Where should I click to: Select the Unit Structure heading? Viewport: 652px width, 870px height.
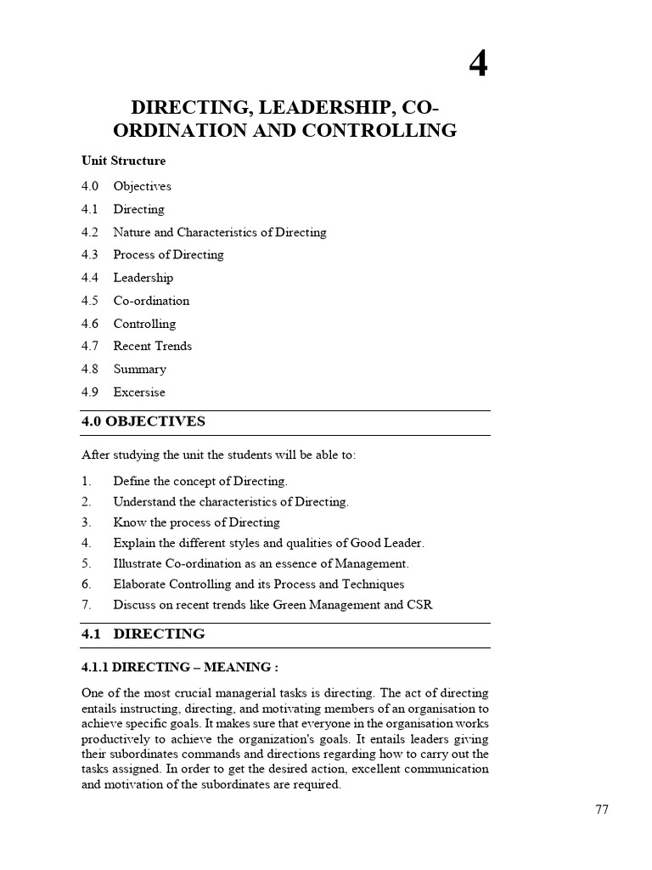(123, 161)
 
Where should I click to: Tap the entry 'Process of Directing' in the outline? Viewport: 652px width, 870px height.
(168, 255)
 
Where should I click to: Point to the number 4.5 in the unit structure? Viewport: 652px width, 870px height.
(90, 301)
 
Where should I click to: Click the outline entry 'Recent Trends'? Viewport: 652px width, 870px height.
(152, 347)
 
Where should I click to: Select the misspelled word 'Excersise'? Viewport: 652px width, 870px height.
(139, 393)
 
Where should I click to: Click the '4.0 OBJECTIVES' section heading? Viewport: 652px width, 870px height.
(143, 422)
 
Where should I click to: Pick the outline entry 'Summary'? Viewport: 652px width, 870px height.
(139, 370)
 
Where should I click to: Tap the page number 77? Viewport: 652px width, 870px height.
(601, 810)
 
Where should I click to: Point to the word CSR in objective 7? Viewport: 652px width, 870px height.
(419, 606)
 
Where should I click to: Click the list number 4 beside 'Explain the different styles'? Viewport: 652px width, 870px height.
(86, 543)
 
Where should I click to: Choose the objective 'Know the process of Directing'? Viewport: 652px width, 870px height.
(196, 523)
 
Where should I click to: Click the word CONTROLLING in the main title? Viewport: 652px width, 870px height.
(385, 131)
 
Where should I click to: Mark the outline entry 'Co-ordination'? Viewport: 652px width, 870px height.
(151, 301)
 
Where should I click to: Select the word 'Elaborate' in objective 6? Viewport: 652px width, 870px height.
(141, 585)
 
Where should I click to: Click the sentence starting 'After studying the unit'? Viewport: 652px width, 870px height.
(219, 455)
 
